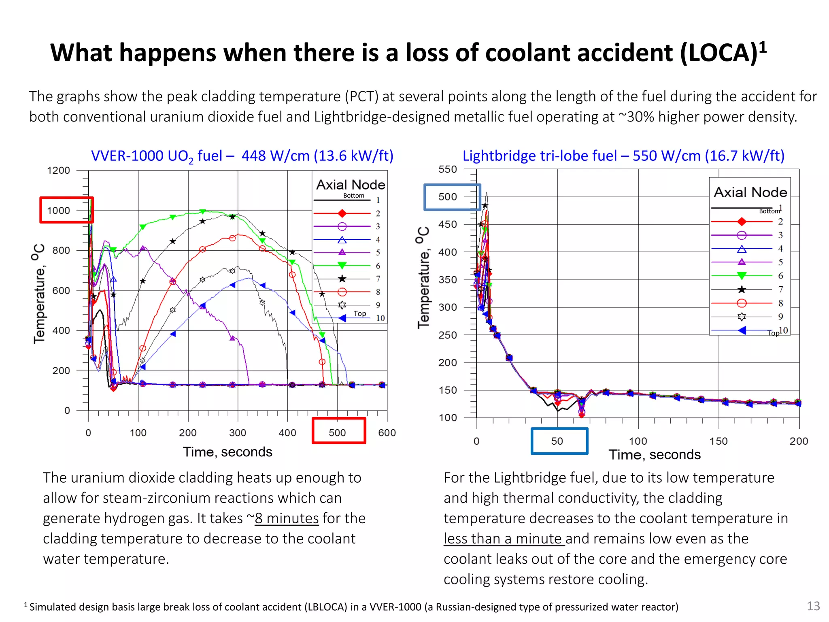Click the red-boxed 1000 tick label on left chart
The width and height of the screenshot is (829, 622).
[x=59, y=211]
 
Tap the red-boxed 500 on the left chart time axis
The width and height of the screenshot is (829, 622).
[x=337, y=432]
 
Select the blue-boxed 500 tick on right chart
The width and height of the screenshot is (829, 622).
[x=448, y=197]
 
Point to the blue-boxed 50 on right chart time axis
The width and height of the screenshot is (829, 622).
[x=557, y=441]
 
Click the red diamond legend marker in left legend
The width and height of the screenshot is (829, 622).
[x=342, y=213]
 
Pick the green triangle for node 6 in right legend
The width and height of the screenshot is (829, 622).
[x=742, y=276]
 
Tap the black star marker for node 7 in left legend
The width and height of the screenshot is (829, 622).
[x=342, y=279]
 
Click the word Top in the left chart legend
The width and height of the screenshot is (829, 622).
[x=359, y=313]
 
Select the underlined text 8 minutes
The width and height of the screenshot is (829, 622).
[x=287, y=518]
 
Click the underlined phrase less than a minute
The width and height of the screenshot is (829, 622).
[x=504, y=539]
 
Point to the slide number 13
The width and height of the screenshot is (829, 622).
[x=813, y=606]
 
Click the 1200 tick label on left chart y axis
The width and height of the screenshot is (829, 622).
[x=59, y=170]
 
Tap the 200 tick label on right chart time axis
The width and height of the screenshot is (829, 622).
[x=798, y=441]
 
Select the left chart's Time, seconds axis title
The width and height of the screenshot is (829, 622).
[x=227, y=452]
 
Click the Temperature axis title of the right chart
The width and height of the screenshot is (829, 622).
[x=423, y=278]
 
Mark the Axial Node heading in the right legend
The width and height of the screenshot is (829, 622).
[x=750, y=192]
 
